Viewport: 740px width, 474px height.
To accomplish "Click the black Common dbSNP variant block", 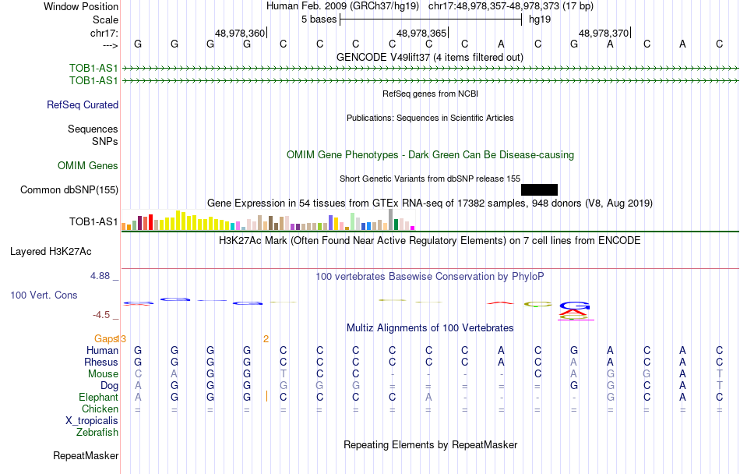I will (x=539, y=189).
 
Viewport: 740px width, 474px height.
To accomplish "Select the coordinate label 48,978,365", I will (x=421, y=33).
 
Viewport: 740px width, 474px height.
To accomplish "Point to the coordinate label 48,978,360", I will (x=240, y=33).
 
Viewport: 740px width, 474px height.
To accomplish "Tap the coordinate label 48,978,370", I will (x=604, y=33).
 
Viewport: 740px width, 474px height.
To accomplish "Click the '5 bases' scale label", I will (x=319, y=19).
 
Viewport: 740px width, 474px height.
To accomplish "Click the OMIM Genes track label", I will (x=88, y=165).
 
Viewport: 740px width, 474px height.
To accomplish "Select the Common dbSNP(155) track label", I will (x=69, y=189).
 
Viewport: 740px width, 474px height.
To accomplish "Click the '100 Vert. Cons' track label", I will (x=45, y=295).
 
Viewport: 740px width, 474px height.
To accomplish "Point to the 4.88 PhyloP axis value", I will (x=103, y=275).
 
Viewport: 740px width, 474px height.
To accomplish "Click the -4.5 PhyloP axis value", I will (x=104, y=315).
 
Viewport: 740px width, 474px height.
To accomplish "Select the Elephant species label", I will (x=98, y=397).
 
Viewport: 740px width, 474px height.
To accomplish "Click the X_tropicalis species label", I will (x=92, y=420).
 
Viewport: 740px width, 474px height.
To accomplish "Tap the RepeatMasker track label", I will (x=86, y=455).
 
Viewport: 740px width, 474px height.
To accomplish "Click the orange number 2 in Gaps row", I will (x=266, y=338).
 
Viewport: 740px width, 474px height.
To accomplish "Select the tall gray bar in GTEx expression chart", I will (x=391, y=220).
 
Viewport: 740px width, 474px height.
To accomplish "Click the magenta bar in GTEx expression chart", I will (x=413, y=228).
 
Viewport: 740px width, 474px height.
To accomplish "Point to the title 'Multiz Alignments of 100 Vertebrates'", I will (x=430, y=327).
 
